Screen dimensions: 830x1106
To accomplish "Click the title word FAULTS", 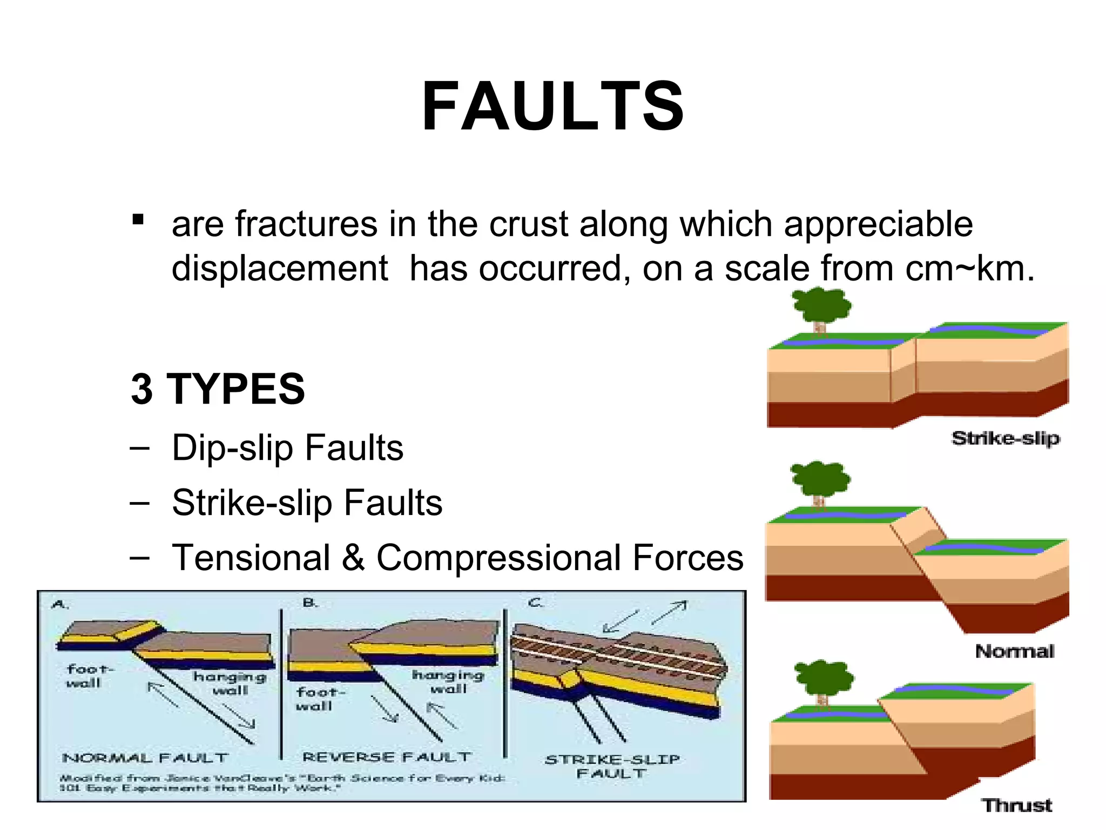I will [x=552, y=106].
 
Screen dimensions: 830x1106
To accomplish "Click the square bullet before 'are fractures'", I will [x=138, y=220].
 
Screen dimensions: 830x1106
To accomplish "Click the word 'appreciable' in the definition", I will [x=878, y=224].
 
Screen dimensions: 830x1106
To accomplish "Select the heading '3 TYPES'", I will [x=218, y=389].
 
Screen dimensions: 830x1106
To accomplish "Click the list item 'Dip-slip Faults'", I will [x=287, y=448].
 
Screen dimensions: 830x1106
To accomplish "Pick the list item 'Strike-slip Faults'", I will [x=307, y=503].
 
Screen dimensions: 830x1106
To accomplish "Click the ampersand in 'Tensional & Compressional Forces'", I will [x=353, y=558].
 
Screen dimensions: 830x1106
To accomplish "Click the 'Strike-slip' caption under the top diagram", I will [x=1005, y=438].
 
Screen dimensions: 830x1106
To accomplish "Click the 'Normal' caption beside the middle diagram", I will [x=1014, y=651].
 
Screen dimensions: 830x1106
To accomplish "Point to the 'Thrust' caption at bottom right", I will [x=1016, y=805].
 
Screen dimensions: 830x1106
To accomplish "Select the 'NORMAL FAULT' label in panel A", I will [x=145, y=758].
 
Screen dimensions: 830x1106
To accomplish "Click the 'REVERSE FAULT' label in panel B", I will [x=387, y=757].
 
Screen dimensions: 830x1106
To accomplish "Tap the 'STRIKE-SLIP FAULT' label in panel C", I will [x=612, y=766].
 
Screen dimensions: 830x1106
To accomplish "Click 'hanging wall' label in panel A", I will [x=230, y=684].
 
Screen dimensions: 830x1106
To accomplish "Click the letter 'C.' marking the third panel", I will [x=535, y=603].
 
